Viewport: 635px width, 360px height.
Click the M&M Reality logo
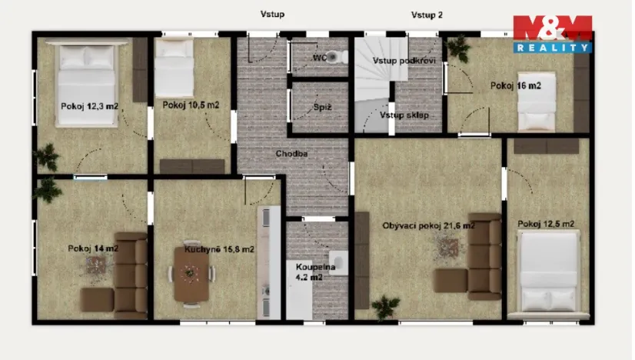click(x=552, y=34)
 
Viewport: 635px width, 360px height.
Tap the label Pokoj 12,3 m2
click(x=90, y=107)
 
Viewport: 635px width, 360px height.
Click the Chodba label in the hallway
click(x=292, y=154)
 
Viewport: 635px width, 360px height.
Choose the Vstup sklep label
click(x=404, y=115)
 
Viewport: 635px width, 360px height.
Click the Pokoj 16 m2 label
click(x=515, y=86)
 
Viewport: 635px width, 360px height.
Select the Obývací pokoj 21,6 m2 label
click(x=428, y=225)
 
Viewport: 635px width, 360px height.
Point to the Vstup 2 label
click(x=427, y=15)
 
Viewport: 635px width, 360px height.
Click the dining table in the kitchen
click(x=190, y=275)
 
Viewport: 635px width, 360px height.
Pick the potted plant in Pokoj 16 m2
click(x=460, y=49)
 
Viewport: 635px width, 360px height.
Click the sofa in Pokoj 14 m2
click(x=122, y=273)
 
